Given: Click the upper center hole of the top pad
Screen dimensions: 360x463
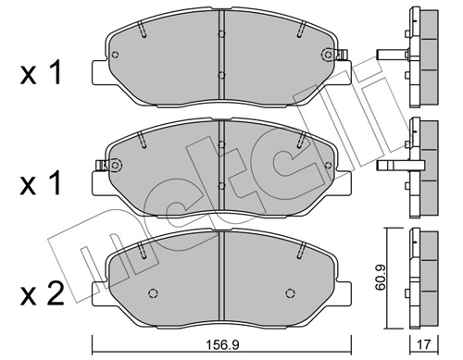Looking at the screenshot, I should tap(220, 35).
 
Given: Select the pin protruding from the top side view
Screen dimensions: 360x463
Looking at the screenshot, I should tap(389, 53).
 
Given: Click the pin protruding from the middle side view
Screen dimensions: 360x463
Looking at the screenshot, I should tap(390, 167).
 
